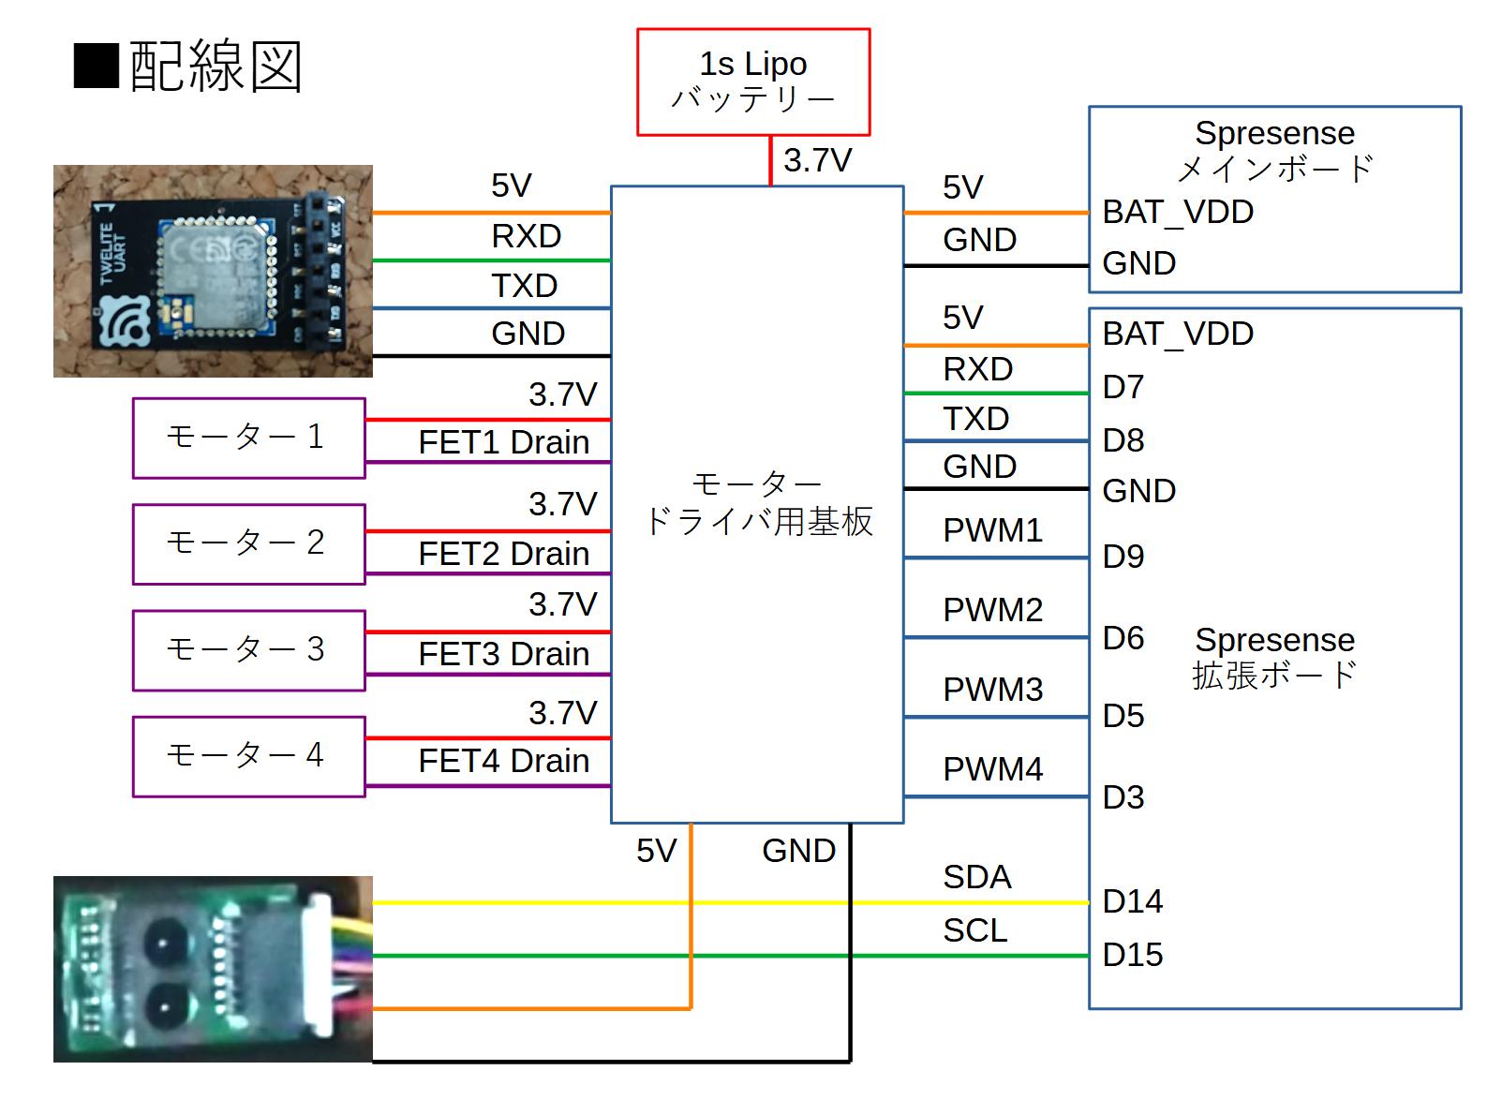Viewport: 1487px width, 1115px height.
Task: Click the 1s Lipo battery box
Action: click(x=753, y=82)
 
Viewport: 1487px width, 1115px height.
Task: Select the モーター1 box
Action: click(x=248, y=438)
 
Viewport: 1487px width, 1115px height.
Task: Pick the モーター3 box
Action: click(x=248, y=650)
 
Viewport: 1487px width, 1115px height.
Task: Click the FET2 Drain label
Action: click(x=503, y=554)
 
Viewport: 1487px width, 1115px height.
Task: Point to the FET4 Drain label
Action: click(x=503, y=761)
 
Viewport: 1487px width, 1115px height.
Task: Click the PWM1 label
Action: click(x=992, y=530)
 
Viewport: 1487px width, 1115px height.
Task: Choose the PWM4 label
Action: click(x=992, y=769)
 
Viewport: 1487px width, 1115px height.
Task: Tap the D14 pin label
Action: click(x=1132, y=901)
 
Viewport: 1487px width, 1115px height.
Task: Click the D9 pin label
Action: click(x=1123, y=557)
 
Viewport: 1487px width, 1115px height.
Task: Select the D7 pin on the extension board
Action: click(x=1123, y=387)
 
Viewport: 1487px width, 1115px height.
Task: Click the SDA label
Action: click(x=976, y=877)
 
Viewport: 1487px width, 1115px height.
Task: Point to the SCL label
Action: click(x=974, y=930)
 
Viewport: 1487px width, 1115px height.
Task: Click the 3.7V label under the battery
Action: click(x=817, y=160)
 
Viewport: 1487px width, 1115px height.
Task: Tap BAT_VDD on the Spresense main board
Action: click(x=1177, y=212)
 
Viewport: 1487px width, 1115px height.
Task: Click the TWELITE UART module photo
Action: click(x=213, y=271)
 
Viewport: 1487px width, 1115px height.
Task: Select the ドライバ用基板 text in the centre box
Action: click(x=758, y=522)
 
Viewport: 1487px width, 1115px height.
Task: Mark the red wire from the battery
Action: click(x=770, y=160)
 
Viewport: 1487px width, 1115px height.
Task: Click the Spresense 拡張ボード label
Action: click(x=1274, y=657)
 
